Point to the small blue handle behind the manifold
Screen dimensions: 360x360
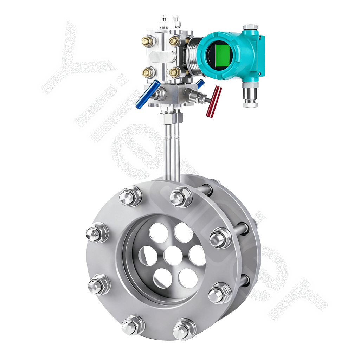[200, 84]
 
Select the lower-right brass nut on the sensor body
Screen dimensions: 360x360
[175, 73]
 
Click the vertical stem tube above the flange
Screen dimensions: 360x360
[171, 151]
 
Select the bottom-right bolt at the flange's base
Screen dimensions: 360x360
[184, 328]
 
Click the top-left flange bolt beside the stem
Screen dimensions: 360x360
[130, 198]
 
